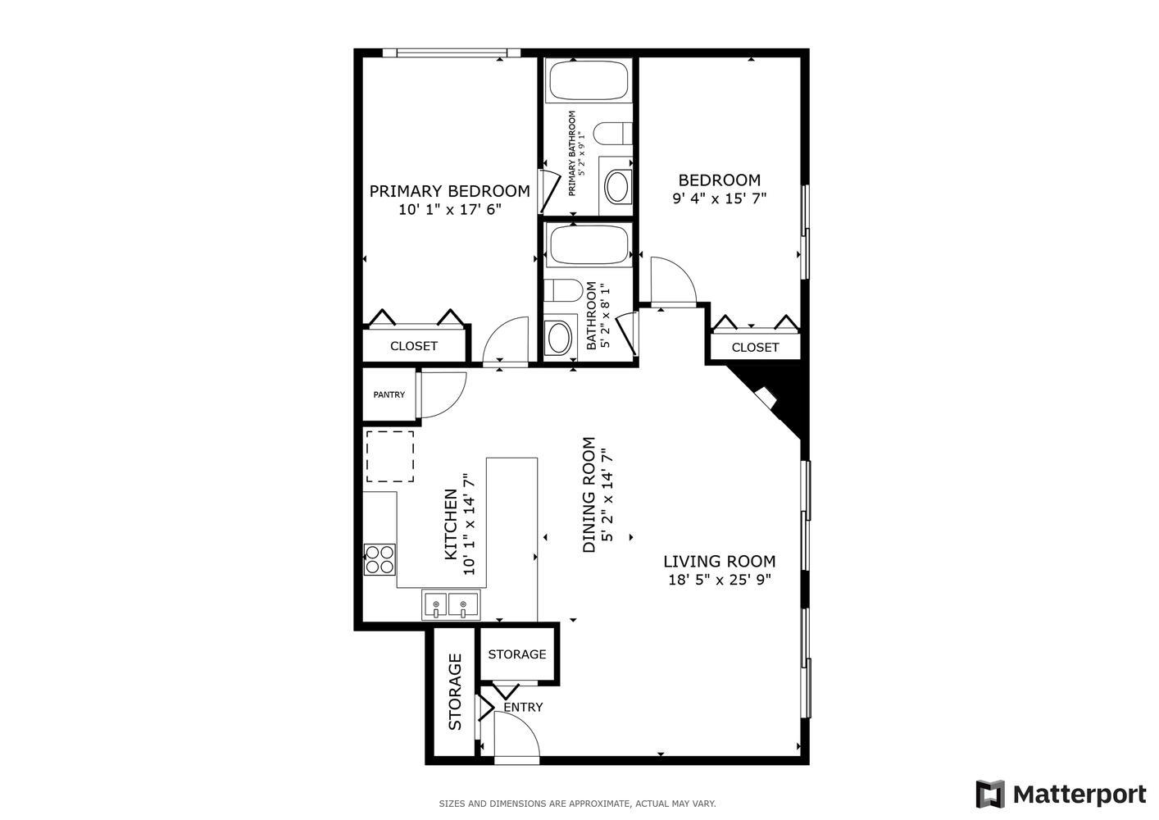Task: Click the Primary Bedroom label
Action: point(449,191)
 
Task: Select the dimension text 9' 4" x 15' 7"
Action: point(719,198)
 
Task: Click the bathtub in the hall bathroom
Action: point(588,244)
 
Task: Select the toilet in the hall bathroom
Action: point(563,290)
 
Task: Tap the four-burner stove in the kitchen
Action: point(380,559)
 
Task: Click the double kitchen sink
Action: point(450,606)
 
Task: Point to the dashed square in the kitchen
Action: point(389,456)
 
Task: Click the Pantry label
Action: point(389,394)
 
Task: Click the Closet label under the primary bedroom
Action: point(413,346)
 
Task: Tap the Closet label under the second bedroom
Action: point(754,347)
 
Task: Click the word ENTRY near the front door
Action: point(522,707)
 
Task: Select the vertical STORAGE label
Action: point(455,691)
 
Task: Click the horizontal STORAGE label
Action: point(516,654)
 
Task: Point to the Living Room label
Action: point(719,562)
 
